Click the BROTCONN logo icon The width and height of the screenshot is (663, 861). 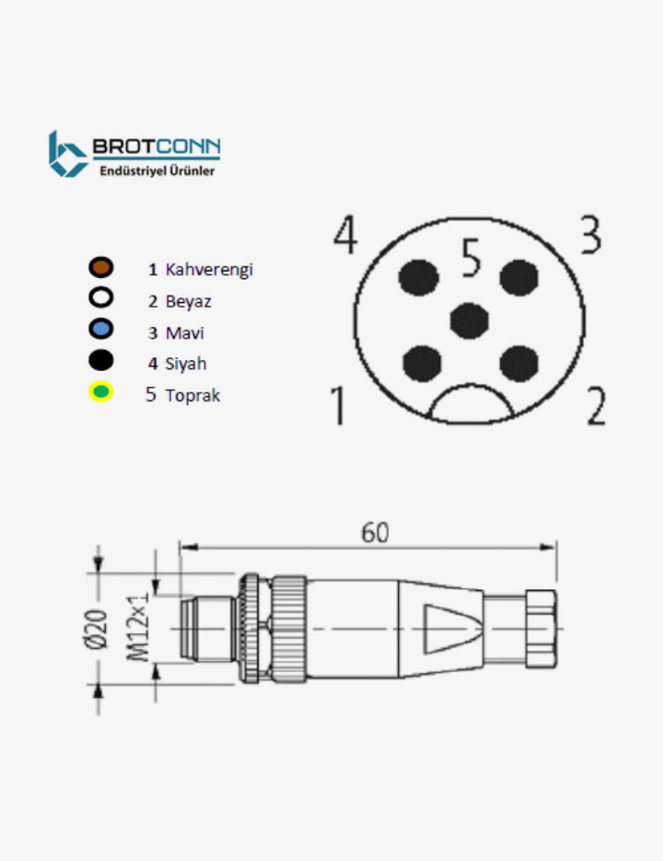click(x=67, y=153)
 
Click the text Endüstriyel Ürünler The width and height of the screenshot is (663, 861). click(x=157, y=170)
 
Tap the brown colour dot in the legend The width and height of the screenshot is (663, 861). click(x=100, y=268)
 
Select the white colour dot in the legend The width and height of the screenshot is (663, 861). click(x=100, y=298)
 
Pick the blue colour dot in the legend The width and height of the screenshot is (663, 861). click(x=100, y=329)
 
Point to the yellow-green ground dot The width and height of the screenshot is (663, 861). click(x=100, y=392)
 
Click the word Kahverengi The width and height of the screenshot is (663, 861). click(x=209, y=270)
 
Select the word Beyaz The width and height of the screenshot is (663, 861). click(x=189, y=300)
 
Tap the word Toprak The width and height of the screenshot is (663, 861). click(x=192, y=395)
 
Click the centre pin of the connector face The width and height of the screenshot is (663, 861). click(x=471, y=320)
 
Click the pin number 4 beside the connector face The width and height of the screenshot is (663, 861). click(x=345, y=236)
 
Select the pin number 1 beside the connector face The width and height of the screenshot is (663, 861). click(x=338, y=406)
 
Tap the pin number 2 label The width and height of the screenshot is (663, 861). click(x=596, y=406)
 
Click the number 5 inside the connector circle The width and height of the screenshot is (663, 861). click(x=471, y=259)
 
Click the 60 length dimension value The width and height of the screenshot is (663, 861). click(x=375, y=532)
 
